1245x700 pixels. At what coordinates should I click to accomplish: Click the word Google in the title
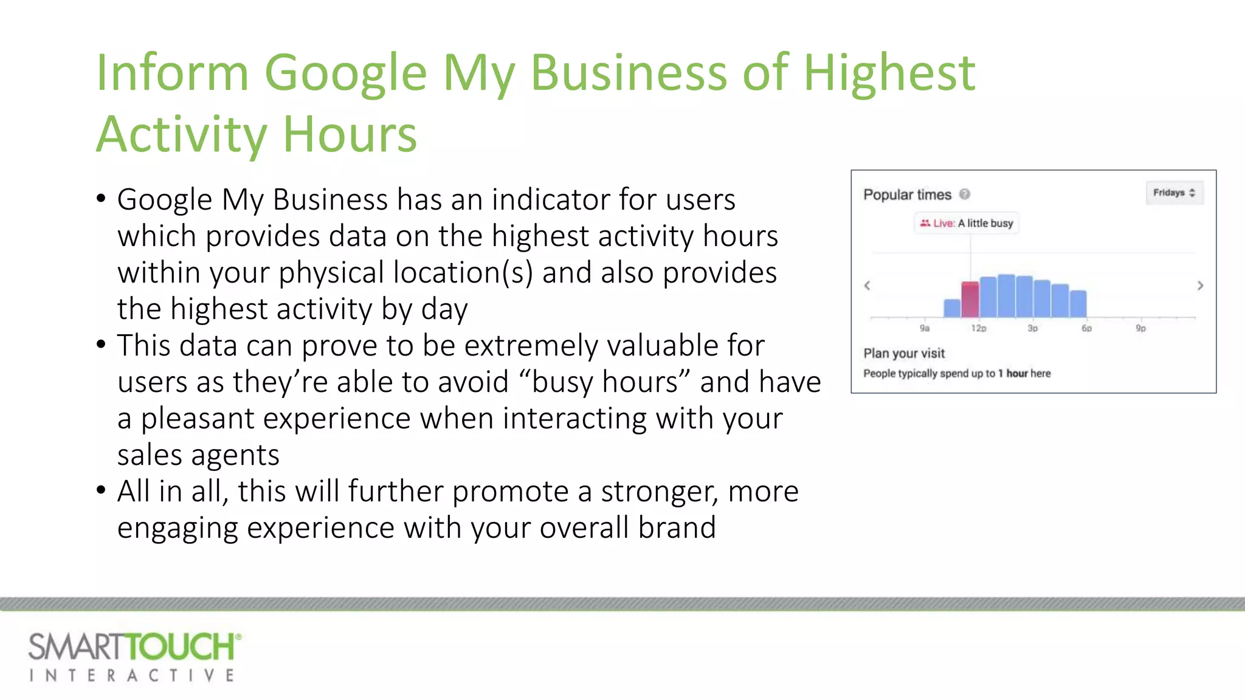(345, 73)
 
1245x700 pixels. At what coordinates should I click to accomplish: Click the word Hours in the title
(350, 135)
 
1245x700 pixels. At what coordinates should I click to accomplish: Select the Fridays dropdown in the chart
(1174, 193)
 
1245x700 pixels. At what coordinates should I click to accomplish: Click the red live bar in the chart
(970, 299)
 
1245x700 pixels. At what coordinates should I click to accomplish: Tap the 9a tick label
(925, 328)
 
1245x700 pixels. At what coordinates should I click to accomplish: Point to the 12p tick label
(979, 328)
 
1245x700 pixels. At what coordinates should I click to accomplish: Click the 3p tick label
(1033, 328)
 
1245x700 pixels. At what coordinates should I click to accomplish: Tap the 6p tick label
(1086, 328)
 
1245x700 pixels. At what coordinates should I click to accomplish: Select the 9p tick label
(1141, 328)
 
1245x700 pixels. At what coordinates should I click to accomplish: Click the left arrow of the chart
(867, 286)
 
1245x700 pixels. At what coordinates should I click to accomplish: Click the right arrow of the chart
(1200, 286)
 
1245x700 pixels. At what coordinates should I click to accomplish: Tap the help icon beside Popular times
(965, 194)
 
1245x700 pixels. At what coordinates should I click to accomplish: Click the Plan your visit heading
(904, 353)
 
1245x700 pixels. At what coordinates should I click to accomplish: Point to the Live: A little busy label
(967, 223)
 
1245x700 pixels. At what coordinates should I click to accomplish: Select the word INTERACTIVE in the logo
(132, 676)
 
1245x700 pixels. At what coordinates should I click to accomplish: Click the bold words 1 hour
(1013, 373)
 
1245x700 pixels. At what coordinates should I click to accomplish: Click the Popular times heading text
(907, 194)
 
